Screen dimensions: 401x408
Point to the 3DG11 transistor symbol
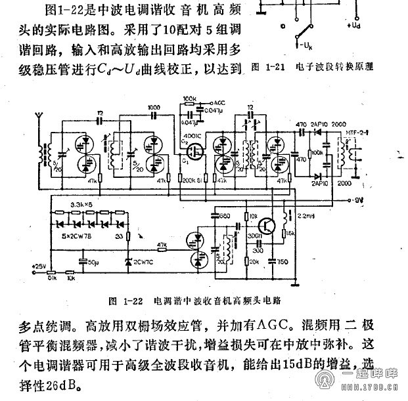[x=268, y=224]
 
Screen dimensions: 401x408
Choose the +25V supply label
[x=39, y=266]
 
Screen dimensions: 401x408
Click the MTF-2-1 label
[x=357, y=134]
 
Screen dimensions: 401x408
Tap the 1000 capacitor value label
[x=154, y=107]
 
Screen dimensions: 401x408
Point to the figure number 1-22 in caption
[x=133, y=301]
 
